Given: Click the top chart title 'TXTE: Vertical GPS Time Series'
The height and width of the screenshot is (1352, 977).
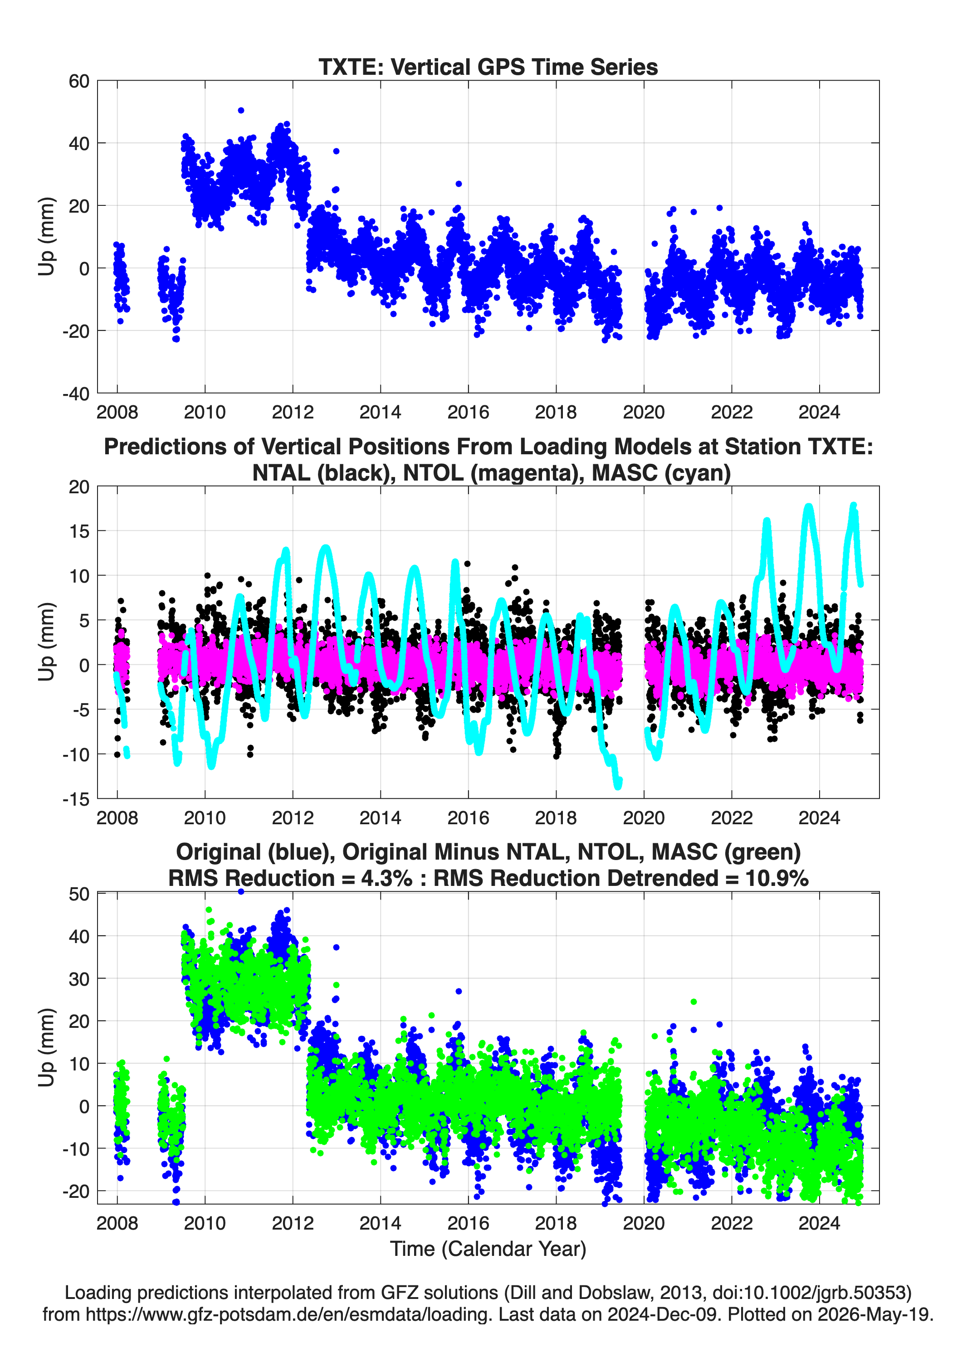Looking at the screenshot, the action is (x=488, y=67).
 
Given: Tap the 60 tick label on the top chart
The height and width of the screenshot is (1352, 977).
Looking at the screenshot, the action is (x=79, y=81).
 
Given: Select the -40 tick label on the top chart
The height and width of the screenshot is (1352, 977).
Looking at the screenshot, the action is (x=76, y=394).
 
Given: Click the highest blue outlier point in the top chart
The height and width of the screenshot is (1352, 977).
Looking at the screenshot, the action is (x=241, y=110).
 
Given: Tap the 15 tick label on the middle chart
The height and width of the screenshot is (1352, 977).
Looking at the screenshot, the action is (x=79, y=531).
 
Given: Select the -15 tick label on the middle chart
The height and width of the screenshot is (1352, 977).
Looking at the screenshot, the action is (x=76, y=799).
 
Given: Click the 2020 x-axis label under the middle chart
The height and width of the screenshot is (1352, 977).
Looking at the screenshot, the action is (x=644, y=817).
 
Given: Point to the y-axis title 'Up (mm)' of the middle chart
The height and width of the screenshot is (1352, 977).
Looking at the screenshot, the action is (x=47, y=642).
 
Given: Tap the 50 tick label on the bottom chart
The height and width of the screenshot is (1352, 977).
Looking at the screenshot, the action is (x=79, y=894).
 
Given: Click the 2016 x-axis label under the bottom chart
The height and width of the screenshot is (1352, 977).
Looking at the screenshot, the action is (x=468, y=1223).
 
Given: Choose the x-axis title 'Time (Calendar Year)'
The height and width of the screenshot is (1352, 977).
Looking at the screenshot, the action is (x=488, y=1249).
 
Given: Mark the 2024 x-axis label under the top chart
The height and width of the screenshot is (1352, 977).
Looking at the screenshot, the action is (x=819, y=412).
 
